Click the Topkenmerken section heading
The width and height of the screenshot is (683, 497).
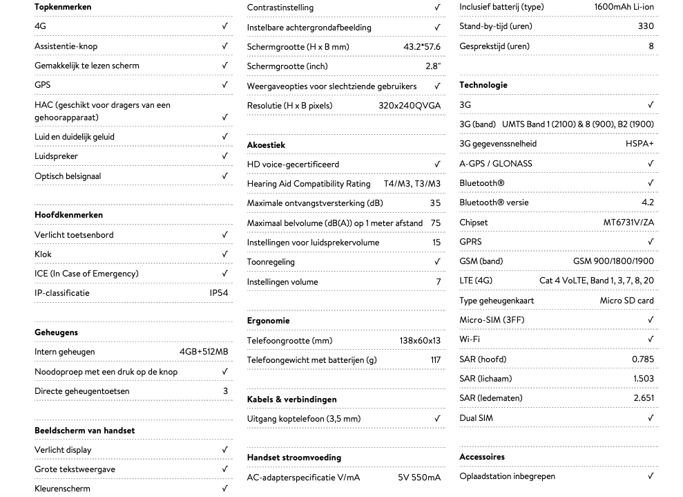[x=63, y=7]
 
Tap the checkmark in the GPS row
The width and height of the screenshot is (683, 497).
[x=225, y=85]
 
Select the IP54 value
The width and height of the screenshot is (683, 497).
[x=218, y=293]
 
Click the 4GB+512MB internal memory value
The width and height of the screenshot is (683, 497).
[x=203, y=352]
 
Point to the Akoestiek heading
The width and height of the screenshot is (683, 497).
[x=266, y=145]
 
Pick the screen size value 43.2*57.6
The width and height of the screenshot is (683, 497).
[x=421, y=47]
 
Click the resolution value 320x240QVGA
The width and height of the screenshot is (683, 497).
[x=409, y=106]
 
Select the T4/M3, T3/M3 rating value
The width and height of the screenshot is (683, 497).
[x=412, y=184]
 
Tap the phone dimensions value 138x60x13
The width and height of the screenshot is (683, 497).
[x=419, y=341]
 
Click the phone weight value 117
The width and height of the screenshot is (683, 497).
[x=435, y=360]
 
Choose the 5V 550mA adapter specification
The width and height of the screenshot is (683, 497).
[x=419, y=478]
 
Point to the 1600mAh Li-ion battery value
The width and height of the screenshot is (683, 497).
[x=624, y=7]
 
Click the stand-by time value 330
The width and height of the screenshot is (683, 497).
[x=646, y=26]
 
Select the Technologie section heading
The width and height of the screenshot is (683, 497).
[x=483, y=85]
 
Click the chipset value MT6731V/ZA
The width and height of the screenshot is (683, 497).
[x=628, y=223]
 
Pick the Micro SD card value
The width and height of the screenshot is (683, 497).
[x=626, y=301]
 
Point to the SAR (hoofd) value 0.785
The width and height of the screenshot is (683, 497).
[x=642, y=359]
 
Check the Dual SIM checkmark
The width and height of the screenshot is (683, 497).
[x=651, y=418]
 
